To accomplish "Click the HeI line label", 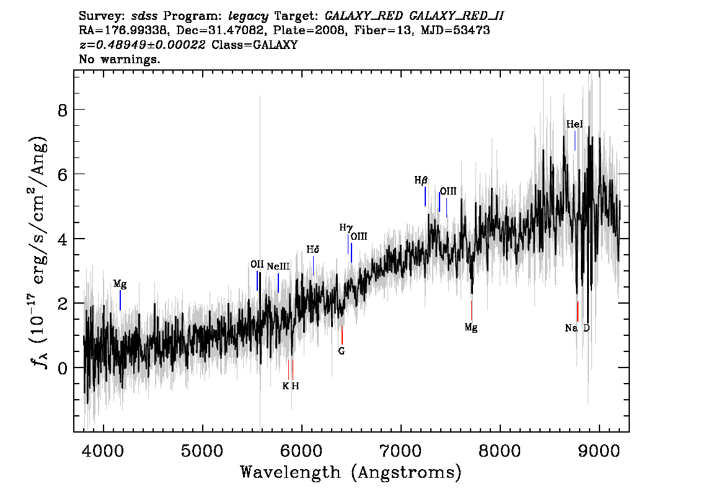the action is point(574,124).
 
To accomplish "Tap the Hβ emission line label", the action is point(421,180).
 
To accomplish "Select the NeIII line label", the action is point(278,266).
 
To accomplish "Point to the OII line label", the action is point(257,265).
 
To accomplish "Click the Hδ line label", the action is point(313,250).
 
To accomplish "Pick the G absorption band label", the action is point(342,351).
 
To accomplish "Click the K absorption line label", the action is point(286,386).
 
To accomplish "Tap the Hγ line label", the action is point(346,228).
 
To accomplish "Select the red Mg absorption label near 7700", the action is point(471,328).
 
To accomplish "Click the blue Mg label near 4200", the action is point(120,284).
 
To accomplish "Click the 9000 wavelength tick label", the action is point(598,451).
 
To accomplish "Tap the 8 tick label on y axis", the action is point(63,110).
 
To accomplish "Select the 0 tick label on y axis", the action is point(63,368).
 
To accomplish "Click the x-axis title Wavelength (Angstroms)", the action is point(351,472).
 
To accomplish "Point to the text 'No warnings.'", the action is point(119,59).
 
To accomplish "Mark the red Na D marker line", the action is point(578,311).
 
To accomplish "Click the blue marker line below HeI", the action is point(575,141).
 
